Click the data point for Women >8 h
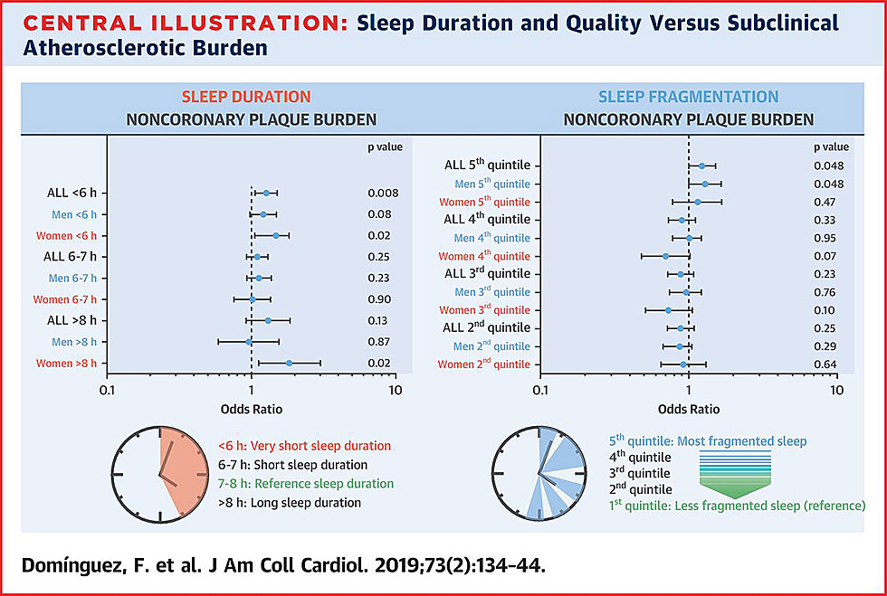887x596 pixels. click(x=290, y=363)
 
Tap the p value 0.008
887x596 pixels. click(x=383, y=193)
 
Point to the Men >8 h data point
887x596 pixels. click(x=250, y=342)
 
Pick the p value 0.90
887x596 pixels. click(x=379, y=299)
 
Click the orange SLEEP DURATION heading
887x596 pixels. click(x=246, y=97)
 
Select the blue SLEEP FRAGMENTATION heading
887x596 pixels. click(x=689, y=97)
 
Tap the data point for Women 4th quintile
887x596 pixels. click(x=664, y=256)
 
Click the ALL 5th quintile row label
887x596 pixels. click(x=487, y=166)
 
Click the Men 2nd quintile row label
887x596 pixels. click(x=492, y=346)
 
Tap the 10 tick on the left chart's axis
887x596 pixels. click(x=394, y=391)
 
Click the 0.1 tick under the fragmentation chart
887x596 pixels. click(x=540, y=391)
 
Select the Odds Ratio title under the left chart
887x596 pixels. click(x=252, y=409)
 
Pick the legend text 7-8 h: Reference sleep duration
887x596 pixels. click(x=306, y=484)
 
